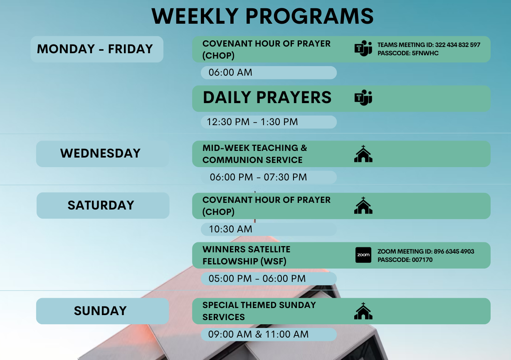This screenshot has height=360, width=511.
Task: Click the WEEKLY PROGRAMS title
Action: (x=262, y=16)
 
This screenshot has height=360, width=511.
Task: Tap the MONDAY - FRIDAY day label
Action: (x=95, y=49)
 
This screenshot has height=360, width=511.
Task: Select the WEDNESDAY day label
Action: (x=100, y=153)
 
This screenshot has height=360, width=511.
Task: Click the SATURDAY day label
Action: (x=101, y=205)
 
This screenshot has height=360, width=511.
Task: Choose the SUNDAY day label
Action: (x=100, y=311)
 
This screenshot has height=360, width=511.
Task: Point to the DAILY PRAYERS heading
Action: (x=267, y=97)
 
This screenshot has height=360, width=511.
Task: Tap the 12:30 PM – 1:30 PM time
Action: (x=252, y=122)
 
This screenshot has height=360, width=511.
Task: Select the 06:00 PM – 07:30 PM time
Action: (x=259, y=177)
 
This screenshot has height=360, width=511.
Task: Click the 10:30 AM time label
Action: (x=231, y=229)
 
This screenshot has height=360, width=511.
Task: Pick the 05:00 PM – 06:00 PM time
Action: (x=257, y=279)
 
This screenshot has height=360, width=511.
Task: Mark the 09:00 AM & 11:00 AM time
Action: (x=259, y=335)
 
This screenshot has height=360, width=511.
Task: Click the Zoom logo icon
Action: (x=363, y=255)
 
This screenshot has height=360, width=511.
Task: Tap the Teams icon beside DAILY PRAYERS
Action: (x=363, y=98)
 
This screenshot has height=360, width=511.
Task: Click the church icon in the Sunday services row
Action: (x=363, y=311)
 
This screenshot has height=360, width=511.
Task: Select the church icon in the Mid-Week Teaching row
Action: (x=363, y=153)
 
